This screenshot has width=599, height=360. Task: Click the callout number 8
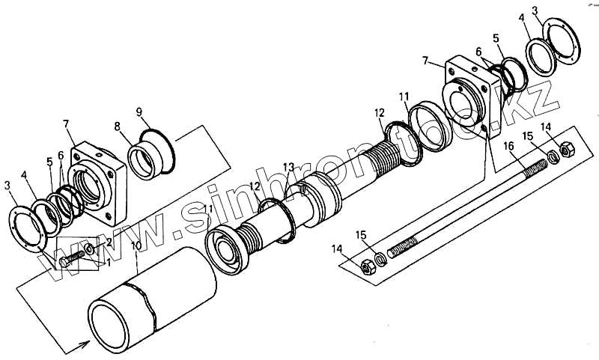click(117, 126)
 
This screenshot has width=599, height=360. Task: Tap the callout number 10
click(135, 245)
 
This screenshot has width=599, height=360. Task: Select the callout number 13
click(289, 166)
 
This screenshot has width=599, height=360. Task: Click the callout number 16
click(508, 145)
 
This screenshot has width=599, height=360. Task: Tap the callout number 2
click(109, 242)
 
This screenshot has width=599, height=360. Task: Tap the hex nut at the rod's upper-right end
click(566, 150)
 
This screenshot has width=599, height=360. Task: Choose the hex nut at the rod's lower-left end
click(367, 266)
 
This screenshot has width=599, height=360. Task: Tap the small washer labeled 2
click(90, 248)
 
